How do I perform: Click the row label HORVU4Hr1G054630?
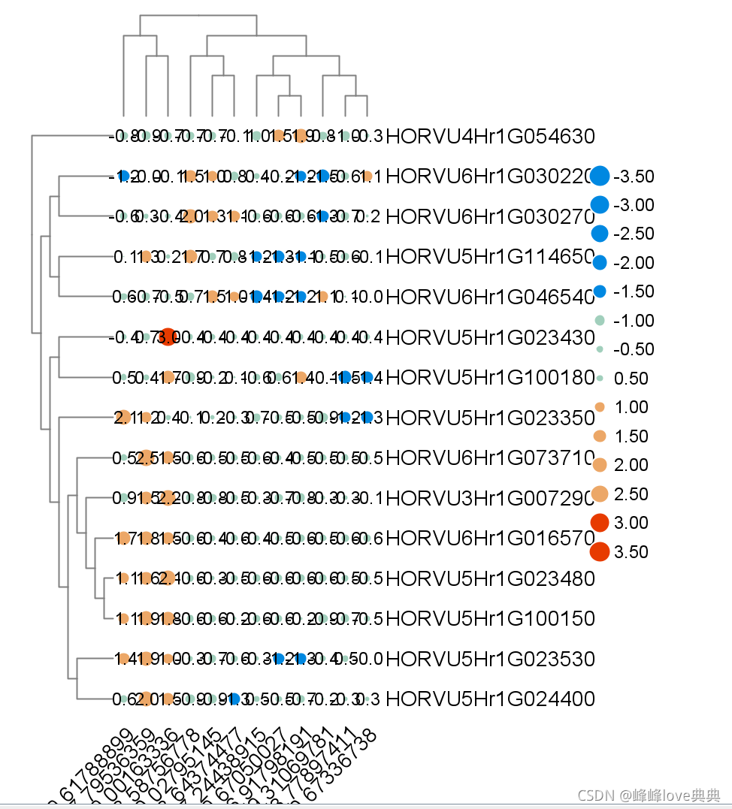pos(495,137)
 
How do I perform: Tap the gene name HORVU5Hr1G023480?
pos(495,578)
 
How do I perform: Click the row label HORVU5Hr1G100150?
pos(495,619)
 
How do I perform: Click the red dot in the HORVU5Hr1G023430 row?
pos(168,337)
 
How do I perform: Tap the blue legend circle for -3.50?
pos(600,176)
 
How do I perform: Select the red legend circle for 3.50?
pos(599,551)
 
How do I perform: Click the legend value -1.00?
pos(634,321)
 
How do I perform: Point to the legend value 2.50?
pos(631,494)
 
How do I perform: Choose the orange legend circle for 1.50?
pos(600,436)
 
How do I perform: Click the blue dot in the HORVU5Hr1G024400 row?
pos(234,699)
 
